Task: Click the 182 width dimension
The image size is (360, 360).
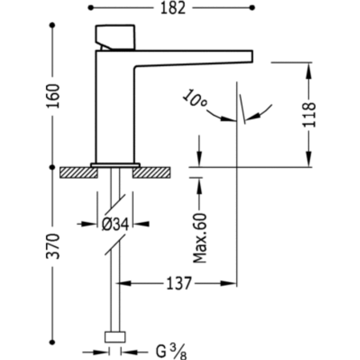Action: pyautogui.click(x=171, y=8)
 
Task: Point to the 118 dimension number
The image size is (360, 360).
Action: pyautogui.click(x=310, y=114)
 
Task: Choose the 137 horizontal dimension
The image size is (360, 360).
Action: pyautogui.click(x=177, y=283)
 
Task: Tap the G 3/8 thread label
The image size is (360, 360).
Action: pyautogui.click(x=169, y=351)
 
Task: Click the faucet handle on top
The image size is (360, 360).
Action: pyautogui.click(x=116, y=37)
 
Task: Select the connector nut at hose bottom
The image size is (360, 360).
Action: pyautogui.click(x=115, y=337)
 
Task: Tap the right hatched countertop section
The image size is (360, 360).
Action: pyautogui.click(x=152, y=172)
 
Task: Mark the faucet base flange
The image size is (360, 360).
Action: pyautogui.click(x=115, y=165)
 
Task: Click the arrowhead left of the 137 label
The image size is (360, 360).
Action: pyautogui.click(x=123, y=283)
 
